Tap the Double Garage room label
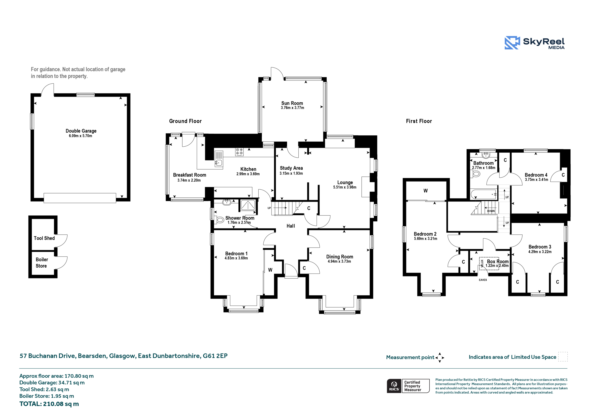[81, 131]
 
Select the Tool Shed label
[44, 238]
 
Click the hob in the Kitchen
[239, 152]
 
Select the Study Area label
[291, 168]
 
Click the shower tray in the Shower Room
[248, 205]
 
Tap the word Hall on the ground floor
[291, 226]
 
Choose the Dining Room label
[340, 257]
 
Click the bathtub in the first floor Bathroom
[484, 194]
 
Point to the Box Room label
[498, 262]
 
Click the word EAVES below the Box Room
[483, 280]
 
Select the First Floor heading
[419, 121]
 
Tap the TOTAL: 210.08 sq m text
[49, 404]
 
